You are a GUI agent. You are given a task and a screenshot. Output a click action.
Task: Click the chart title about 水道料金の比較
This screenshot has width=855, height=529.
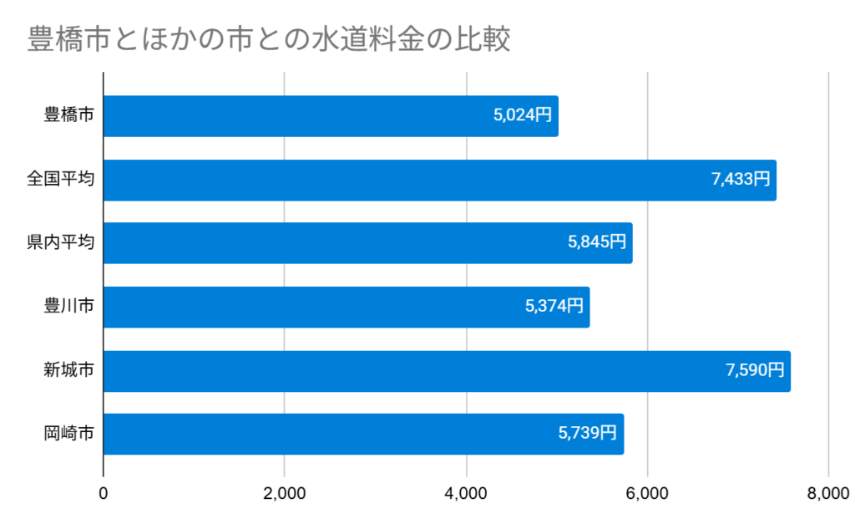[268, 39]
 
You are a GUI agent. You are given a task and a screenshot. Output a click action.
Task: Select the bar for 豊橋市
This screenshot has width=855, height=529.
[330, 116]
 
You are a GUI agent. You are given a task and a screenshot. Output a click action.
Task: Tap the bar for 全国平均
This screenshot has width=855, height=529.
[439, 180]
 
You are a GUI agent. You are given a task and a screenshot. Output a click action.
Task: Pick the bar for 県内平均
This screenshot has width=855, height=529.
[367, 243]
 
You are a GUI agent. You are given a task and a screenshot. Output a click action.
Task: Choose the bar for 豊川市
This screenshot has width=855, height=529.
[346, 307]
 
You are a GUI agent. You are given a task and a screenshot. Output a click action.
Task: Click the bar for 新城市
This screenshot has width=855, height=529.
[447, 371]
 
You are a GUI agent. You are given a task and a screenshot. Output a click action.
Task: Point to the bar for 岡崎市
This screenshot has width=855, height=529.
[363, 435]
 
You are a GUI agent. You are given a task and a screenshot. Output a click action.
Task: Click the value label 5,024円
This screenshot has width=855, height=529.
[523, 116]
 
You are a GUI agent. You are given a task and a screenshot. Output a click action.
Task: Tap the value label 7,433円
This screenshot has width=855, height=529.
[741, 180]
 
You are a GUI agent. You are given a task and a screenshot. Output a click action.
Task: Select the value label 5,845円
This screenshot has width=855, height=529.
[596, 243]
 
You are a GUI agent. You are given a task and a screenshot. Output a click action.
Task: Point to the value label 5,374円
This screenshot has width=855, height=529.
[554, 307]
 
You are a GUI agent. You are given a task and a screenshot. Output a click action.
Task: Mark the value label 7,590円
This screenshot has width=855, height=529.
[755, 371]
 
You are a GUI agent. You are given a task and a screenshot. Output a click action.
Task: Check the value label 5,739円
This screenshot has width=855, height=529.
[587, 435]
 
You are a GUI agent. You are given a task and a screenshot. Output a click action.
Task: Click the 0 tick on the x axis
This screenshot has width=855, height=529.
[104, 493]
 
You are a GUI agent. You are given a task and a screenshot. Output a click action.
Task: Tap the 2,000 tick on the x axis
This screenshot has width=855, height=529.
[285, 493]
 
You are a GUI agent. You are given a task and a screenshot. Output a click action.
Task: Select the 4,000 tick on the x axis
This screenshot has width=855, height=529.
[466, 493]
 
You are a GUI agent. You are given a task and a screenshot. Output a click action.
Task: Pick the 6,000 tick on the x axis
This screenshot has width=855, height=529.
[647, 493]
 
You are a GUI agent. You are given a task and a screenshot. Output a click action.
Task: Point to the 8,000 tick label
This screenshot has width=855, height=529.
[827, 493]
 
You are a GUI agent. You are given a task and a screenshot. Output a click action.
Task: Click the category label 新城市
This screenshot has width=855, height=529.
[68, 371]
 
